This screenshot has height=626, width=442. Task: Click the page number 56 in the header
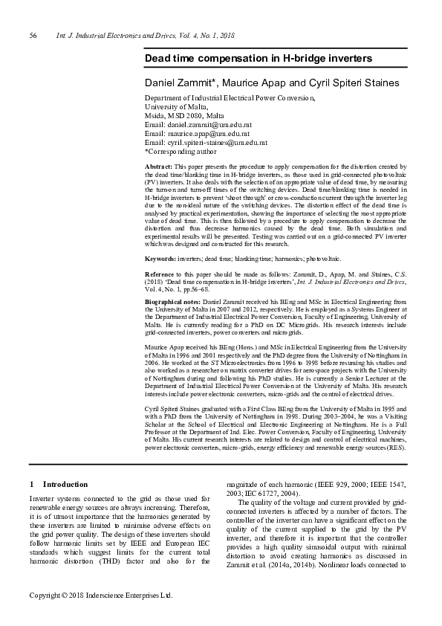click(33, 36)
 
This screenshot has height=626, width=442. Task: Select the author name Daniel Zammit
click(181, 83)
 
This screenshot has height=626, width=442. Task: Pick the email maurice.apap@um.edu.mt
click(202, 133)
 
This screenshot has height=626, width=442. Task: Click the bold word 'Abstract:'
click(158, 167)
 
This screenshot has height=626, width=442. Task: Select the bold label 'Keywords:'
click(160, 258)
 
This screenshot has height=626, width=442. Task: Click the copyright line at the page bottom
click(100, 596)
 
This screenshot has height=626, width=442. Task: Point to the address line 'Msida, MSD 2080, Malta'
click(183, 115)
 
